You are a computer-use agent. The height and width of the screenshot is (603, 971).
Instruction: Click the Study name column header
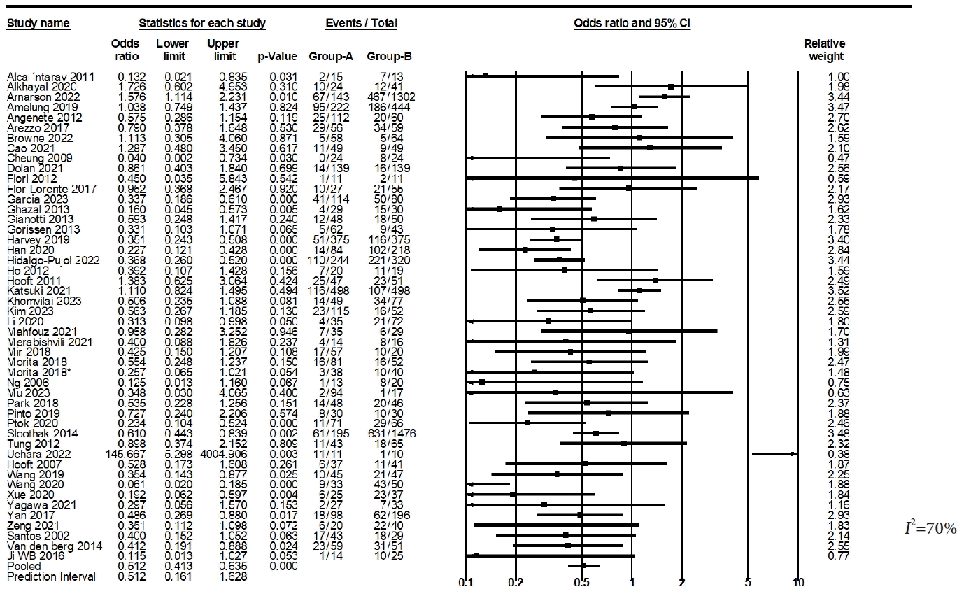(x=38, y=23)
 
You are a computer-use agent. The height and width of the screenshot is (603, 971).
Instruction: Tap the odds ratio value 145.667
(x=125, y=453)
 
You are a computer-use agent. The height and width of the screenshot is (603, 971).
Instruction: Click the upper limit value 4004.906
(x=223, y=453)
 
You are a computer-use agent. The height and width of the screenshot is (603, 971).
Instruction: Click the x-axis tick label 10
(x=798, y=583)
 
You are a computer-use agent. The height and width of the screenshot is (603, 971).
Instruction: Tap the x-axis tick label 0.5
(x=581, y=583)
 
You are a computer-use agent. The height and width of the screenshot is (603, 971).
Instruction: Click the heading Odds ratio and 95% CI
(x=632, y=23)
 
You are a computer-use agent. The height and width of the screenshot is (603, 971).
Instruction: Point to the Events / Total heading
(x=361, y=23)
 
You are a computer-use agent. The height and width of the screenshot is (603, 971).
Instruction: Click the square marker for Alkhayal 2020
(x=670, y=86)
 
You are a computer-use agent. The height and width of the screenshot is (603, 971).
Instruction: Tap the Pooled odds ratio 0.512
(x=125, y=566)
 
